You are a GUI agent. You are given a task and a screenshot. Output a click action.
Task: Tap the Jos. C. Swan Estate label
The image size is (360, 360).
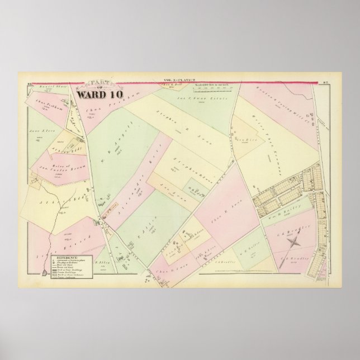190,102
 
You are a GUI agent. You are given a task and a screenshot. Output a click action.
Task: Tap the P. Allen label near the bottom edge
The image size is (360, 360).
101,262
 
